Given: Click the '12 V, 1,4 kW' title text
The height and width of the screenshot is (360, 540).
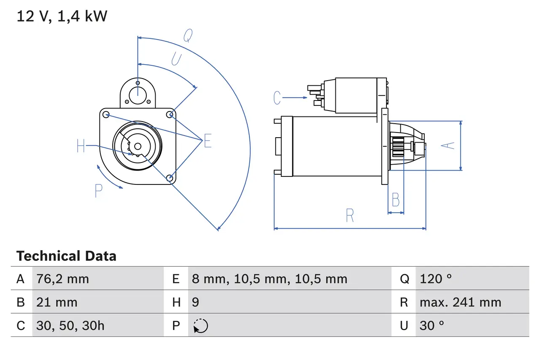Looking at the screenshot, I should tap(62, 16).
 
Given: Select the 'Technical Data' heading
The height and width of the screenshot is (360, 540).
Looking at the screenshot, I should tap(66, 256).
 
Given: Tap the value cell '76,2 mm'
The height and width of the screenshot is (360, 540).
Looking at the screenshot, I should tap(62, 279).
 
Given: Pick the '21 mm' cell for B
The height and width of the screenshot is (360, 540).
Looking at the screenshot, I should tap(57, 302).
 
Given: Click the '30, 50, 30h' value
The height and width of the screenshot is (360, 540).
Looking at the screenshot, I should tap(70, 325).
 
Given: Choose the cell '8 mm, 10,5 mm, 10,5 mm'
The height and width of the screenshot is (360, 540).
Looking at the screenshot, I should tap(269, 279).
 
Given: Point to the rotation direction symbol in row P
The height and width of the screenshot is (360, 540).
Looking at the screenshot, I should tap(200, 326).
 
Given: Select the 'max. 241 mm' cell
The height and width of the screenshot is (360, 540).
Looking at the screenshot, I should tap(460, 302).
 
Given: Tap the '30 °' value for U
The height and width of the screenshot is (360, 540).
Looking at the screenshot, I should tap(432, 325).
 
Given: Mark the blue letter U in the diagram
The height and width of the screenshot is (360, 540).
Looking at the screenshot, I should tap(176, 60).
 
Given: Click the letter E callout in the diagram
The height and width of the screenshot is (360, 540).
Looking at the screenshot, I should tap(207, 141).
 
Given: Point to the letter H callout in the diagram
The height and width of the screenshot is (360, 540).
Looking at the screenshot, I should tap(81, 146).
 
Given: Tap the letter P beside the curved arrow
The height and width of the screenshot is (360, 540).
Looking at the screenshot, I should tap(98, 191).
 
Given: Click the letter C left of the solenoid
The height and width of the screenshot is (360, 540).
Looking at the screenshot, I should tap(277, 98).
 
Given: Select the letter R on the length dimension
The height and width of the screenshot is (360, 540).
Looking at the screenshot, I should tap(350, 216).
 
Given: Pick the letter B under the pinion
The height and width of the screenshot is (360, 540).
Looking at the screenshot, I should tap(395, 200).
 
